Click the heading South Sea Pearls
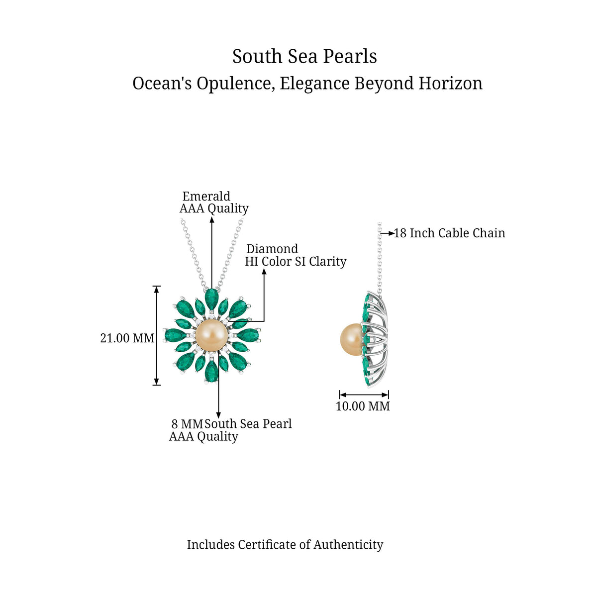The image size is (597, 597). pyautogui.click(x=304, y=57)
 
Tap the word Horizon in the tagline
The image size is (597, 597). pyautogui.click(x=450, y=84)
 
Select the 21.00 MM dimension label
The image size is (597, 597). pyautogui.click(x=127, y=338)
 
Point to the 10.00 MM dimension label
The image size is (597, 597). pyautogui.click(x=363, y=406)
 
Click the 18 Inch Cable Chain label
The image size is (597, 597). pyautogui.click(x=449, y=233)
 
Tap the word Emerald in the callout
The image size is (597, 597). pyautogui.click(x=206, y=196)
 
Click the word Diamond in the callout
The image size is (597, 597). pyautogui.click(x=272, y=249)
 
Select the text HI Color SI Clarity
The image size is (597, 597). pyautogui.click(x=296, y=262)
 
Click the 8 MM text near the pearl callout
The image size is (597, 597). pyautogui.click(x=187, y=424)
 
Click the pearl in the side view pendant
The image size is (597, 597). pyautogui.click(x=351, y=339)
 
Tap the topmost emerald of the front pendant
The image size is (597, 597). pyautogui.click(x=211, y=299)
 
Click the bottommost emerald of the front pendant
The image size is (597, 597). pyautogui.click(x=211, y=372)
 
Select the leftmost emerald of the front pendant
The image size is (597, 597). pyautogui.click(x=176, y=335)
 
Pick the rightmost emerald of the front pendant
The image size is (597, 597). pyautogui.click(x=248, y=335)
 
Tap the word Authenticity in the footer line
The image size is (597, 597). pyautogui.click(x=348, y=545)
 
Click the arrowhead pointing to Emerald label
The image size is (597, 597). pyautogui.click(x=212, y=220)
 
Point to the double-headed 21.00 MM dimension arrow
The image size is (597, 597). pyautogui.click(x=157, y=335)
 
